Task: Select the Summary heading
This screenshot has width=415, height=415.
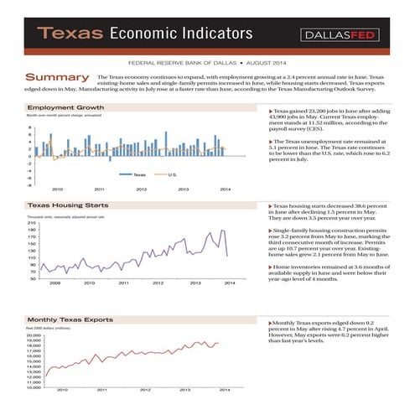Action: pos(57,77)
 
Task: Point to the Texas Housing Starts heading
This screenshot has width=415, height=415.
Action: pos(67,205)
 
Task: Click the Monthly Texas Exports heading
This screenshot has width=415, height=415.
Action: pos(70,320)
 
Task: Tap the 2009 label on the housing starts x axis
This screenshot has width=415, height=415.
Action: pos(55,284)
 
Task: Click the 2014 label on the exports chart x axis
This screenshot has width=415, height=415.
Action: pos(225,390)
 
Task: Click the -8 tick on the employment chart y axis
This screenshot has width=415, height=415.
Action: pos(30,184)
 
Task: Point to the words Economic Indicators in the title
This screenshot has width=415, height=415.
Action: pos(181,34)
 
